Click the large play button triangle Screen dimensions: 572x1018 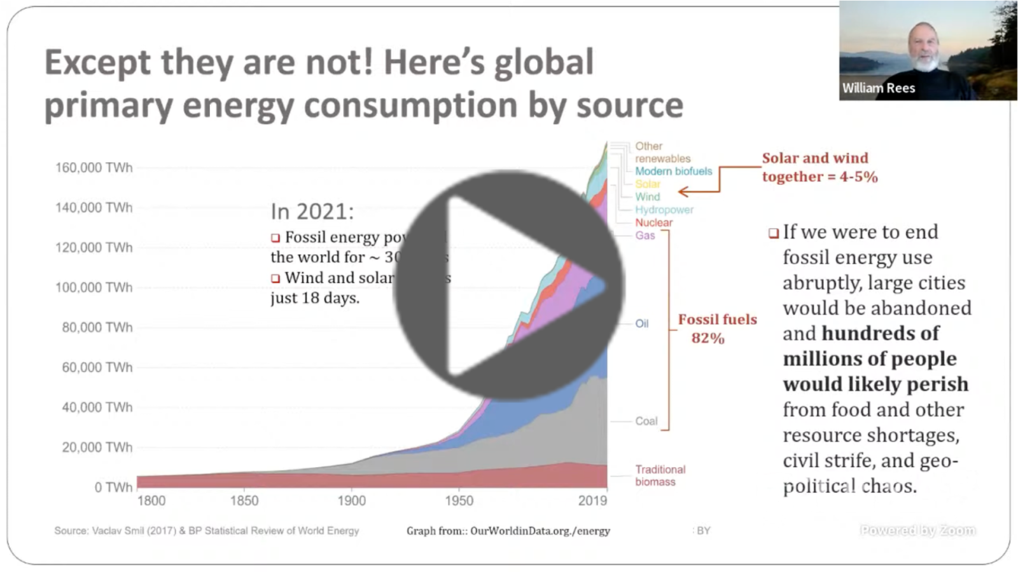(509, 286)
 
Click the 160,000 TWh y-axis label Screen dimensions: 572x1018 (94, 168)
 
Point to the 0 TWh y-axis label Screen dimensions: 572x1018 (113, 487)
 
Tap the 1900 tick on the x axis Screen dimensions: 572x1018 (351, 501)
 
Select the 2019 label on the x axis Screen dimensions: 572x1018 (592, 501)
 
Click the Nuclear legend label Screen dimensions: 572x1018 (653, 222)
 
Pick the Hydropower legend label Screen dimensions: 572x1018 (664, 210)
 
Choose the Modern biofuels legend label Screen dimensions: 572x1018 (673, 171)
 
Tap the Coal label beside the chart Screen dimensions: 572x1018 (646, 421)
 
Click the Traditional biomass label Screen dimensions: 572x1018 (660, 475)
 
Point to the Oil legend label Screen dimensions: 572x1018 (641, 323)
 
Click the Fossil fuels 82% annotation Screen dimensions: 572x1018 (716, 329)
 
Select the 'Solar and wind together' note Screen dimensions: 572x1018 (819, 167)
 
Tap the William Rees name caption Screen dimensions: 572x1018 (878, 88)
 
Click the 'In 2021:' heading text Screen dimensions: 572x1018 (312, 211)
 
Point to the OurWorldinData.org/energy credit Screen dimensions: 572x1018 (508, 531)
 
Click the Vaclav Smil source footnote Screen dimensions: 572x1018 (206, 531)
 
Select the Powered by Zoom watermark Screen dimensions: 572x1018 (917, 530)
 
